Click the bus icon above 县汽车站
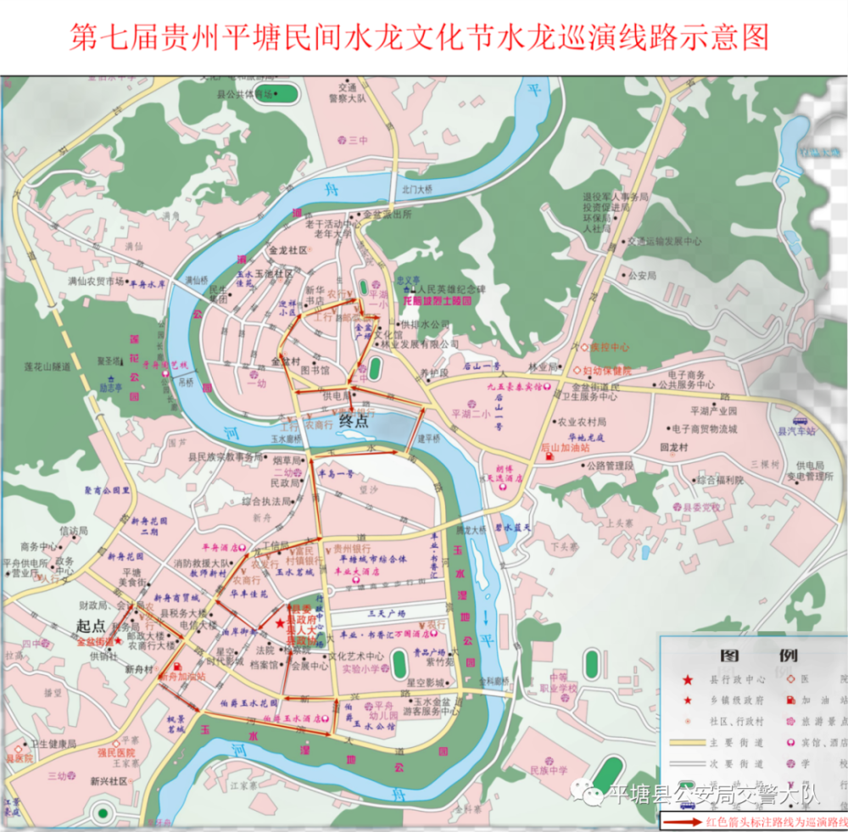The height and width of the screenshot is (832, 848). click(x=799, y=420)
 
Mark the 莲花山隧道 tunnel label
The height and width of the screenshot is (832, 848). click(x=47, y=366)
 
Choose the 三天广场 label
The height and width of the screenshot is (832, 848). click(x=386, y=612)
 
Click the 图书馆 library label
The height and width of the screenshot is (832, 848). click(x=314, y=371)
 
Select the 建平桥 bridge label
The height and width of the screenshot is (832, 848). click(x=430, y=438)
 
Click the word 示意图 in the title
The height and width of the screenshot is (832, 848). click(x=728, y=37)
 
